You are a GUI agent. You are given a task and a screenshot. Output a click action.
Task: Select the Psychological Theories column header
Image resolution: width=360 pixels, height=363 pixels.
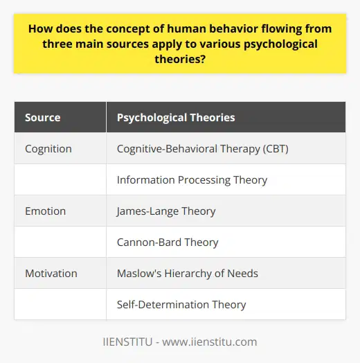point(176,118)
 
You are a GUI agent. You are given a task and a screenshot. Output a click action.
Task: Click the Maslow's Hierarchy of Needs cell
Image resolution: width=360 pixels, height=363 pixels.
point(188,273)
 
